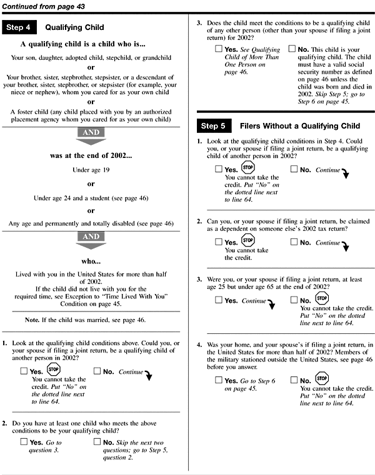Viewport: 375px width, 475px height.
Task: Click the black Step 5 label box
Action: [214, 126]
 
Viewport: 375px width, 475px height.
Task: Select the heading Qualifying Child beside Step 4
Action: [75, 27]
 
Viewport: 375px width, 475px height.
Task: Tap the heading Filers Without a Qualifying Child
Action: [300, 126]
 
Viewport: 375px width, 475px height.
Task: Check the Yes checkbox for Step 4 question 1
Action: [23, 372]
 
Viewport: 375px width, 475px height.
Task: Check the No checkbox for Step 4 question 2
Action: [97, 442]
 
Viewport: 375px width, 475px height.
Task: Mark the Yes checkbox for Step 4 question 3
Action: [218, 48]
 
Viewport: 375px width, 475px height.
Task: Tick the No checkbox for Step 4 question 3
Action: [292, 48]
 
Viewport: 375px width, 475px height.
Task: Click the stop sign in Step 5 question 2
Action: [247, 241]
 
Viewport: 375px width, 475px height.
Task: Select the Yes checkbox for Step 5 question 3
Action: [218, 301]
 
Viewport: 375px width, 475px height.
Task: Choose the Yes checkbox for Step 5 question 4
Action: [218, 380]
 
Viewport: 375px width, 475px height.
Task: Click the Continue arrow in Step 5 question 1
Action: [342, 172]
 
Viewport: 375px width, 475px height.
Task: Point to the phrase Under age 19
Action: [91, 169]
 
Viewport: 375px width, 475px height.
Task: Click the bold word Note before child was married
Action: [59, 320]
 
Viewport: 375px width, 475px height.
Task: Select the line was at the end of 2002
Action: [91, 155]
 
